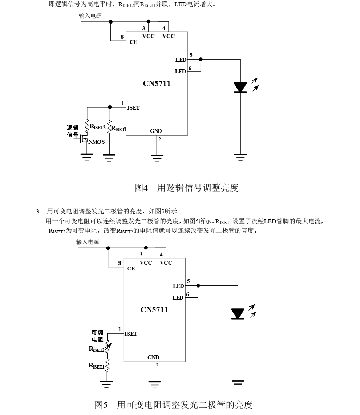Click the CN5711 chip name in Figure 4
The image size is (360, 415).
(x=157, y=84)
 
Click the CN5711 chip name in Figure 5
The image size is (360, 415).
(x=154, y=310)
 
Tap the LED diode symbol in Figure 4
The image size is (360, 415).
(x=240, y=87)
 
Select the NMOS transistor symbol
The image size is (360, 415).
(x=84, y=139)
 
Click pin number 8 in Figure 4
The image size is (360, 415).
(x=122, y=37)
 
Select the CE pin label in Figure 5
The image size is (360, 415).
(x=131, y=269)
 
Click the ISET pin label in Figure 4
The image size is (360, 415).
(x=133, y=107)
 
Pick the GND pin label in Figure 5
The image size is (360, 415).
(x=153, y=357)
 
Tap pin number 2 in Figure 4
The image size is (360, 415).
(x=159, y=139)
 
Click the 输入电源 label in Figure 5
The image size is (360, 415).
(x=88, y=242)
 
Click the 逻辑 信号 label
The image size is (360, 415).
(x=73, y=131)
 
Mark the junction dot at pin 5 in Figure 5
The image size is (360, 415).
(x=198, y=285)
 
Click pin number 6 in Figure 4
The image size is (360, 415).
(x=190, y=68)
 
